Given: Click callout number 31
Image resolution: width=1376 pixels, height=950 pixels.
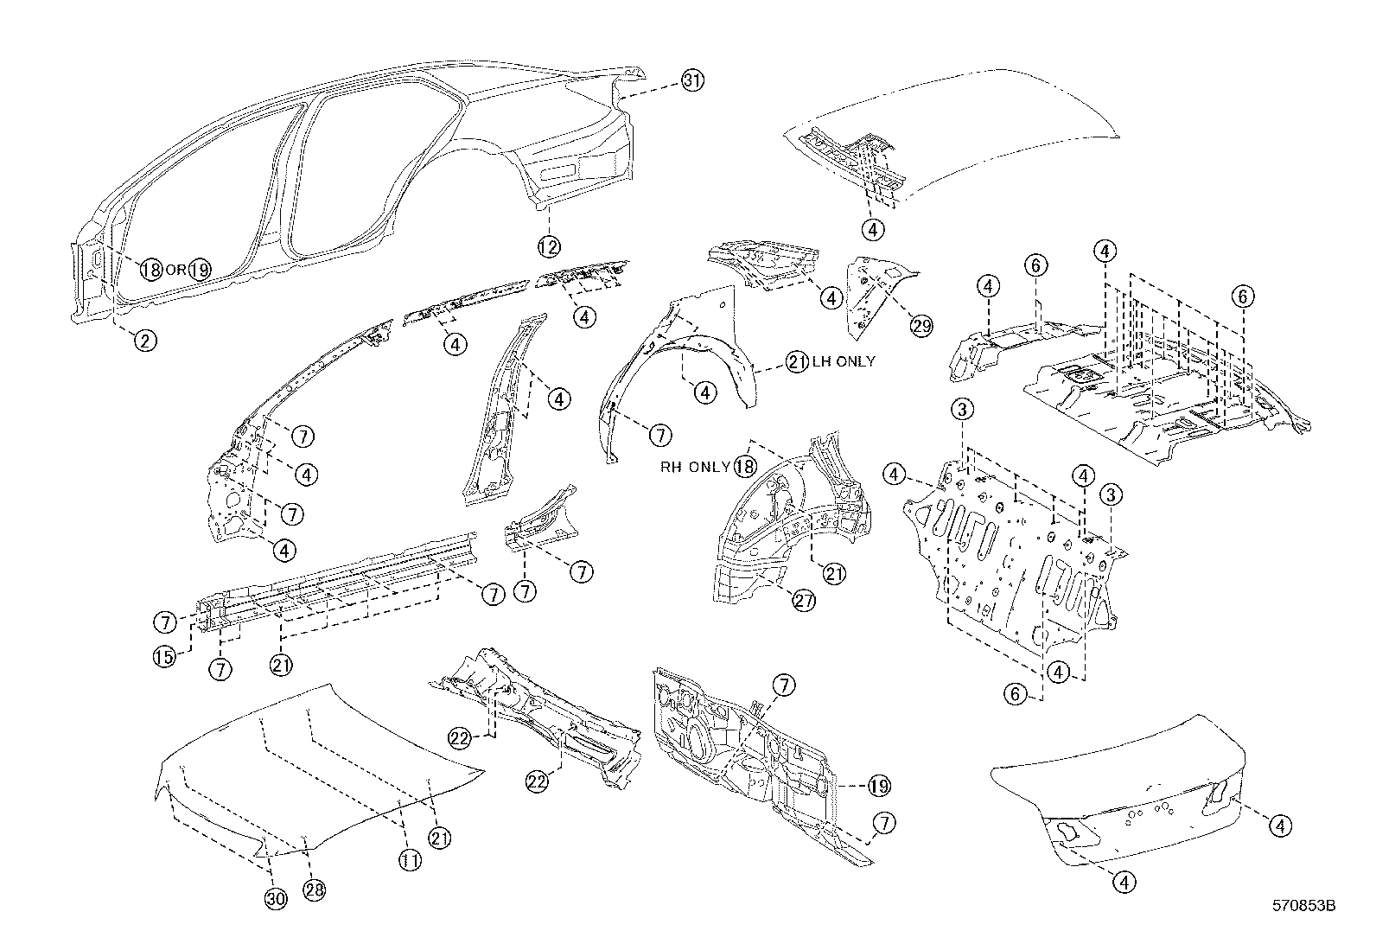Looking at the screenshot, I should pos(691,81).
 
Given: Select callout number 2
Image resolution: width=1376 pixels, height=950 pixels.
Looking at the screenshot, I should pos(144,341).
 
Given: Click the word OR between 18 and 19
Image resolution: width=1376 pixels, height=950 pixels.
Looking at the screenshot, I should pos(175,270).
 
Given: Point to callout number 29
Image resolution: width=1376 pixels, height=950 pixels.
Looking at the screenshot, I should pos(921,325).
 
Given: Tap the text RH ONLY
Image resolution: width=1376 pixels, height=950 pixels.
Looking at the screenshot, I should pos(696,468).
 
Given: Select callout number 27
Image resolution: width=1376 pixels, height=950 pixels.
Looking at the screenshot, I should pos(804,602).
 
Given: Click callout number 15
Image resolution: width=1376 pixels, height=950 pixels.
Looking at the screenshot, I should pos(164,656).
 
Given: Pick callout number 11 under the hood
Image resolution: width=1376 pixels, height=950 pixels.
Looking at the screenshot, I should pos(410,860).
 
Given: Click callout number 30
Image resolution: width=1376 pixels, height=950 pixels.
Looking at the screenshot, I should pos(275,899).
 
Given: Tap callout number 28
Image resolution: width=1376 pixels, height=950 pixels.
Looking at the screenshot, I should pos(314,890).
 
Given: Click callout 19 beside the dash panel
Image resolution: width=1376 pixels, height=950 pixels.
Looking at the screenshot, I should pos(878,786).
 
